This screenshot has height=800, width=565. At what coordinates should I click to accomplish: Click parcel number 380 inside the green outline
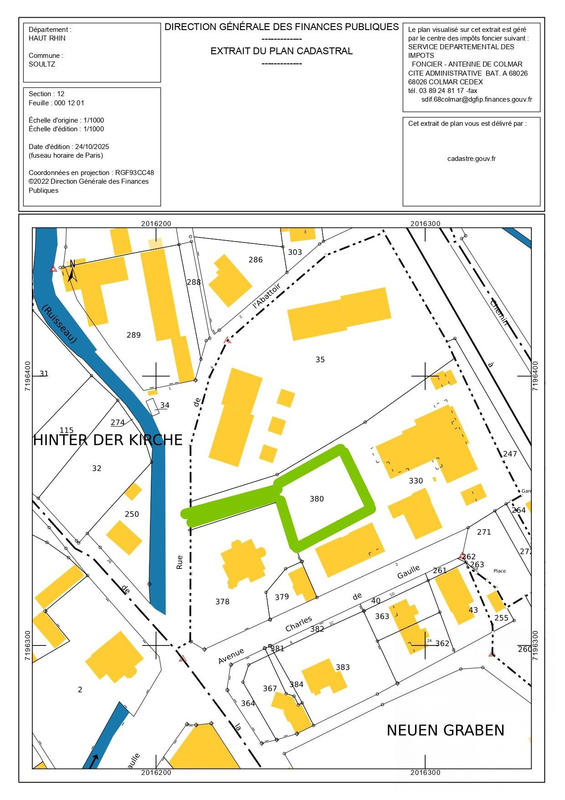pyautogui.click(x=317, y=498)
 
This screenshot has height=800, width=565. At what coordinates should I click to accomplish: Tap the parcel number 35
pyautogui.click(x=320, y=358)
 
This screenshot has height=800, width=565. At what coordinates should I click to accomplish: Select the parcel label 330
pyautogui.click(x=416, y=481)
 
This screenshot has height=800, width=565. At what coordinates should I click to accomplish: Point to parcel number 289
pyautogui.click(x=134, y=334)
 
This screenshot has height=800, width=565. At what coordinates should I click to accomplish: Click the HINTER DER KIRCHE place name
pyautogui.click(x=108, y=440)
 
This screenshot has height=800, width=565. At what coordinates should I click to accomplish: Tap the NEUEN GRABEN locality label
pyautogui.click(x=445, y=731)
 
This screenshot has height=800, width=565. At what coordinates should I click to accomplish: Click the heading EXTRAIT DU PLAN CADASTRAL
pyautogui.click(x=280, y=49)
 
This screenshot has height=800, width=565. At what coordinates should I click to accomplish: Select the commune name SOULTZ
pyautogui.click(x=46, y=65)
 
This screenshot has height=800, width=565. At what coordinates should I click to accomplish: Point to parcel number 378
pyautogui.click(x=222, y=601)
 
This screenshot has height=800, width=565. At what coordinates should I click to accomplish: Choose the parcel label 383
pyautogui.click(x=343, y=667)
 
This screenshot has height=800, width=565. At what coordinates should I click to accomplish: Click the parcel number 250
pyautogui.click(x=132, y=514)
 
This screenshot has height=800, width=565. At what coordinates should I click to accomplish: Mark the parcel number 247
pyautogui.click(x=510, y=455)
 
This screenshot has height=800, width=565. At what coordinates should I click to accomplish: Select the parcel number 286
pyautogui.click(x=255, y=260)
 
